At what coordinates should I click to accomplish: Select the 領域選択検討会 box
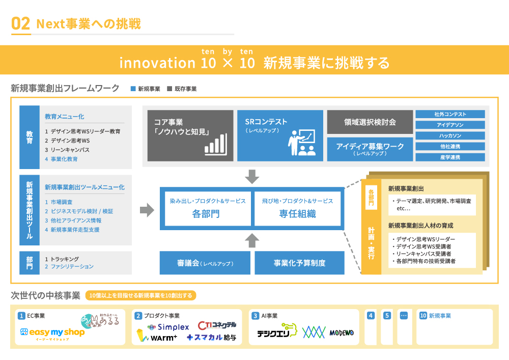370,122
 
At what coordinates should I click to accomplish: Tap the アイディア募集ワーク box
370,149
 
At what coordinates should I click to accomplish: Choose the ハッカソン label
450,135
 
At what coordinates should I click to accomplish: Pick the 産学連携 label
450,157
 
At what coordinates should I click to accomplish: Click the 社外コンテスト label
450,114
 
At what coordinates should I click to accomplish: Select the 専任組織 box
297,208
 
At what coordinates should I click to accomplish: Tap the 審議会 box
205,263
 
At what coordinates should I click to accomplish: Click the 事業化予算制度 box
299,263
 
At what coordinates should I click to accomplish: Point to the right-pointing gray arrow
147,209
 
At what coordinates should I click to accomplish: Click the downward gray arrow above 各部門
252,176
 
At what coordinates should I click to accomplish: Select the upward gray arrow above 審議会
252,240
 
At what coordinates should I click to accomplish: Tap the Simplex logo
168,327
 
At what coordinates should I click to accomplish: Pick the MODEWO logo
342,333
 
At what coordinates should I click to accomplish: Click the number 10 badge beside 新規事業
423,316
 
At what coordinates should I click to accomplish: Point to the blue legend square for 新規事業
133,89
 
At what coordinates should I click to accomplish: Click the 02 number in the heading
20,23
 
